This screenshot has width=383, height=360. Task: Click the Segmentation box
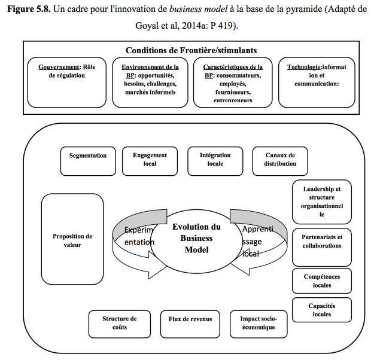[x=88, y=161]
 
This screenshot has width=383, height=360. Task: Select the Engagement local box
[x=150, y=161]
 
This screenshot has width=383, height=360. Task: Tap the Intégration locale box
[x=215, y=161]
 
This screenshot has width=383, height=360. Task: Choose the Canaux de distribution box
[x=280, y=161]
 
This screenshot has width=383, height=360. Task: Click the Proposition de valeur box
[x=72, y=239]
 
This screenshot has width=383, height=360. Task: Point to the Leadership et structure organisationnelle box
[x=322, y=202]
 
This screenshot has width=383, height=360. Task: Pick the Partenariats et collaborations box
[x=322, y=247]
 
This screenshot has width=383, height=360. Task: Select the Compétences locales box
[x=322, y=281]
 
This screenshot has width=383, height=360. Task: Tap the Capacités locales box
[x=322, y=310]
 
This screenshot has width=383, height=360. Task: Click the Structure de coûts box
[x=120, y=324]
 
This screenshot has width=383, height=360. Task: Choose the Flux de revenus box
[x=190, y=324]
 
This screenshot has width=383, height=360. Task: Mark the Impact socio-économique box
[x=259, y=324]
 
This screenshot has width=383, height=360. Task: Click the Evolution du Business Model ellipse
[x=196, y=241]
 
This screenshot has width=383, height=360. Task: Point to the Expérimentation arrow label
[x=139, y=236]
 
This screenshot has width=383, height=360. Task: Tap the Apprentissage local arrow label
[x=257, y=242]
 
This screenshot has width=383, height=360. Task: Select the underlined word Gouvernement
[x=59, y=67]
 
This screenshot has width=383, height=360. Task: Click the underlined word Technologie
[x=303, y=67]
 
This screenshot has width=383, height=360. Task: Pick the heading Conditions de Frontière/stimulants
[x=191, y=50]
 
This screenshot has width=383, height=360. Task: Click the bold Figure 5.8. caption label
[x=29, y=10]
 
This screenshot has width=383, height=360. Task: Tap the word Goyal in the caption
[x=147, y=26]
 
